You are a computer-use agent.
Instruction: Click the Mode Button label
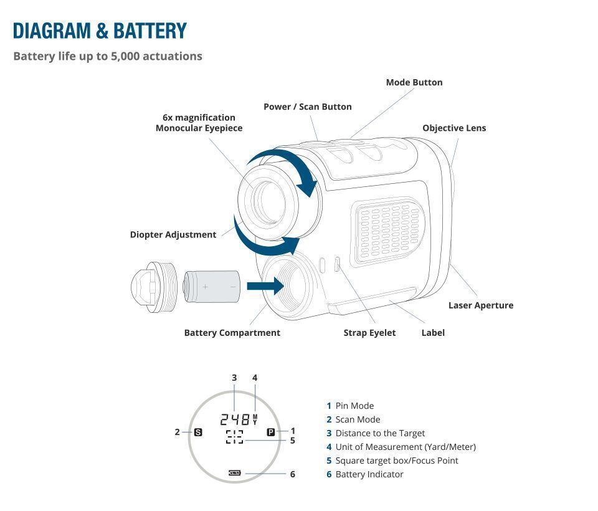414,82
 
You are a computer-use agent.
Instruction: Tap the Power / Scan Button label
307,107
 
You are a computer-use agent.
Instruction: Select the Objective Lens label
453,128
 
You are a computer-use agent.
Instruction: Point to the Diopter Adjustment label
173,235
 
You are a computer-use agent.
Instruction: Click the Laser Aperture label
480,305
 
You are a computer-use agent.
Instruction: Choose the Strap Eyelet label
369,333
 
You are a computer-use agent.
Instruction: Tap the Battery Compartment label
232,333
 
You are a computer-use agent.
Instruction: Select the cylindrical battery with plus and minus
212,287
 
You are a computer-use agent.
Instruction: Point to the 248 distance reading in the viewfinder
235,419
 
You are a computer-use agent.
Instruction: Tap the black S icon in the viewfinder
198,432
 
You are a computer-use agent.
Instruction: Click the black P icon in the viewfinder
271,432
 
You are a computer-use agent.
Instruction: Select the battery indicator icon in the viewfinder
234,474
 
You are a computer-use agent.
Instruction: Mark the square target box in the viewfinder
234,437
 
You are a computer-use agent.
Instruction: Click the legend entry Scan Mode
357,419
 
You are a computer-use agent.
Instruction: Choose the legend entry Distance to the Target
379,433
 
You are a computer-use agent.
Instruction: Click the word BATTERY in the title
150,31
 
